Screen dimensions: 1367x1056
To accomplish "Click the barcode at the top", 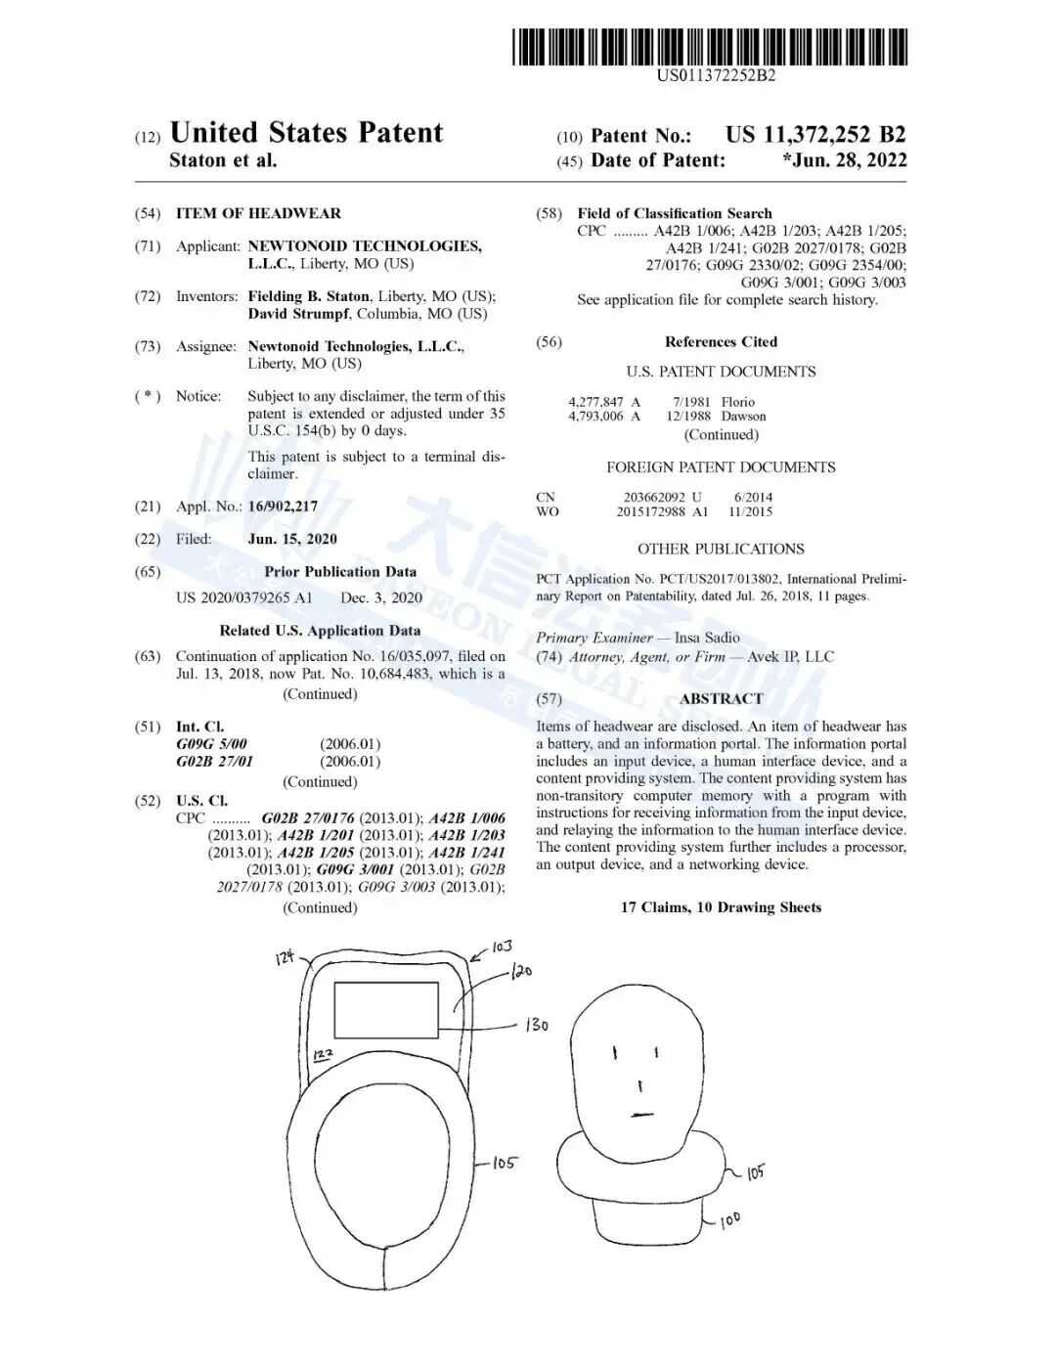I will [711, 47].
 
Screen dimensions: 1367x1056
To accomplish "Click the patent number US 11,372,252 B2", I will [814, 135].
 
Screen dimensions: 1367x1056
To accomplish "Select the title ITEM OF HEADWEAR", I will [258, 213].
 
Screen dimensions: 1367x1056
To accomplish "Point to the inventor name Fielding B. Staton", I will [308, 296].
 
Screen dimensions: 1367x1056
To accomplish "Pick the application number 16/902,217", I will [283, 507].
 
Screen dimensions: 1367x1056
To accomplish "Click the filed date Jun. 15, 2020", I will [292, 539].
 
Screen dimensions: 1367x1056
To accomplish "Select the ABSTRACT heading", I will [721, 698].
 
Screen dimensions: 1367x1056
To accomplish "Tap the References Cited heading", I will [721, 342].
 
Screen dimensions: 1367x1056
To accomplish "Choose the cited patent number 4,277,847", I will [595, 402].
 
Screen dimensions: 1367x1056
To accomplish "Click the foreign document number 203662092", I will [654, 497].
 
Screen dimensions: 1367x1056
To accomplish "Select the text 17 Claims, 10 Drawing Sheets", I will [721, 907].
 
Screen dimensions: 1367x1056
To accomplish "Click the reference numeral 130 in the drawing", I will [537, 1025].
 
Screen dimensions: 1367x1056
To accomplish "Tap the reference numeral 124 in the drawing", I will [285, 958].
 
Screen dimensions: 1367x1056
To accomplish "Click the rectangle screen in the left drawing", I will [386, 1010].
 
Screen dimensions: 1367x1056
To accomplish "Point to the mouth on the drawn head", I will [641, 1114].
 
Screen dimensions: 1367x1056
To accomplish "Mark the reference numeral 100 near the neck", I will [729, 1220].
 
